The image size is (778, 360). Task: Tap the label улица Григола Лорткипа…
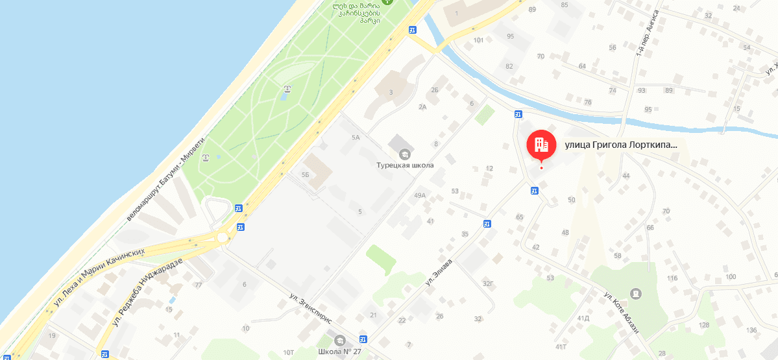pos(622,145)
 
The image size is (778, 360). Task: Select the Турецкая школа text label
pos(405,165)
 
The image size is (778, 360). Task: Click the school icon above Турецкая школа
pos(405,154)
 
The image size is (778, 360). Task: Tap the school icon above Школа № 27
pos(339,341)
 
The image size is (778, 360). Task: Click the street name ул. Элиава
pos(439,272)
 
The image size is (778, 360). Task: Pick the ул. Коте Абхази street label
pos(622,313)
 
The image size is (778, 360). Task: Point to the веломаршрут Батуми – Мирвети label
pos(165,178)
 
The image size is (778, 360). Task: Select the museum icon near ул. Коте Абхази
pos(635,294)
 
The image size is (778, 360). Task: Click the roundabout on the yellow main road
pos(223,237)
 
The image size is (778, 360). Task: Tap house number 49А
pos(419,195)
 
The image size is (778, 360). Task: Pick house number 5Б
pos(305,175)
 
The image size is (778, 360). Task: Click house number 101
pos(479,40)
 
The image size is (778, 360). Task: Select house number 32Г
pos(488,283)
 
